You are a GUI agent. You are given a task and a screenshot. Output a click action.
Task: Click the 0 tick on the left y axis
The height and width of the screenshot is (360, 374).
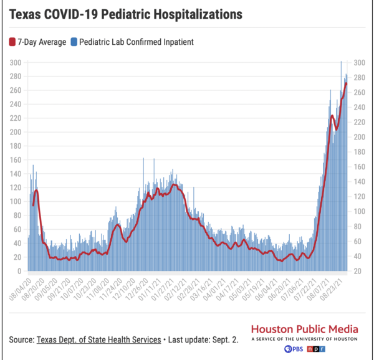[x=21, y=272]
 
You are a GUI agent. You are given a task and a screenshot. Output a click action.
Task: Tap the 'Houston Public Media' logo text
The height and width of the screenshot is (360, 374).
[x=304, y=328]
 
